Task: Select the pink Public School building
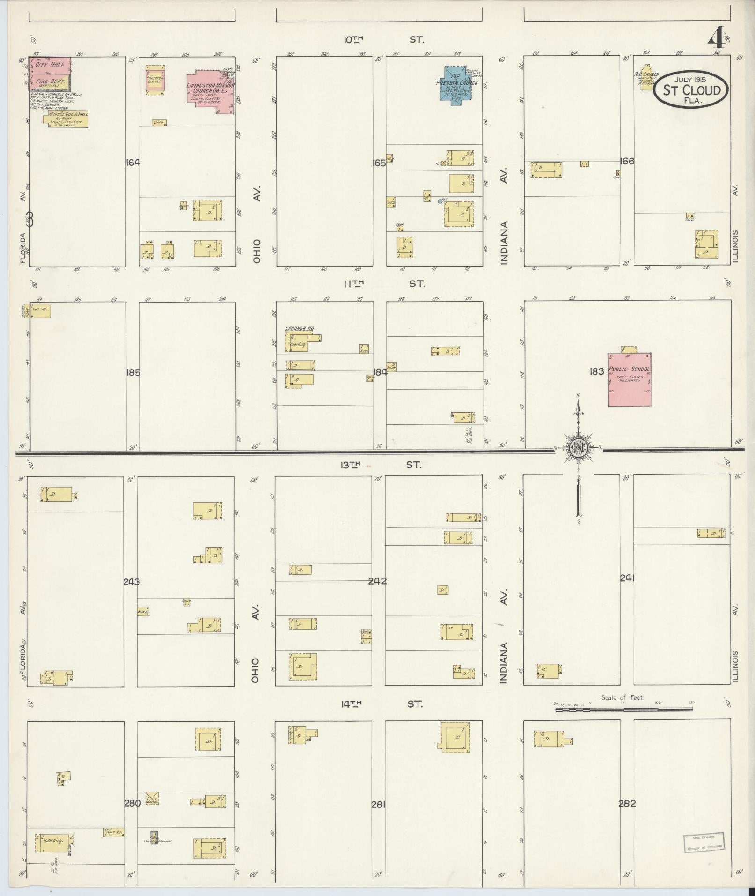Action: click(x=629, y=379)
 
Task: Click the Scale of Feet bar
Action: click(x=623, y=710)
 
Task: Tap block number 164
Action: click(x=133, y=163)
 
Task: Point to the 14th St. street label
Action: click(x=381, y=703)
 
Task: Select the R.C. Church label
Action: click(x=646, y=74)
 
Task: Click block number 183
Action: click(x=597, y=371)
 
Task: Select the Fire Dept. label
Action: click(x=49, y=81)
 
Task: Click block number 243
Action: click(x=132, y=582)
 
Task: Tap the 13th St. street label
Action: click(x=381, y=465)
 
